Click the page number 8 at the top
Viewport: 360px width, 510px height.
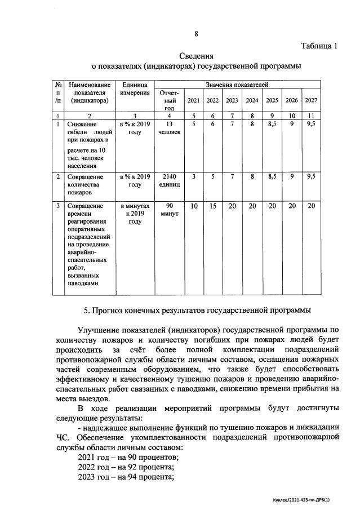tap(196, 33)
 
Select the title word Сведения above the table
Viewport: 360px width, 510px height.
tap(196, 56)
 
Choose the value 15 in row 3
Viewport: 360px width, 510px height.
tap(213, 207)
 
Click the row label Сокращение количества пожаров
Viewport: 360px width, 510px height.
tap(83, 184)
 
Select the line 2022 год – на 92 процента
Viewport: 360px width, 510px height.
tap(126, 467)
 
